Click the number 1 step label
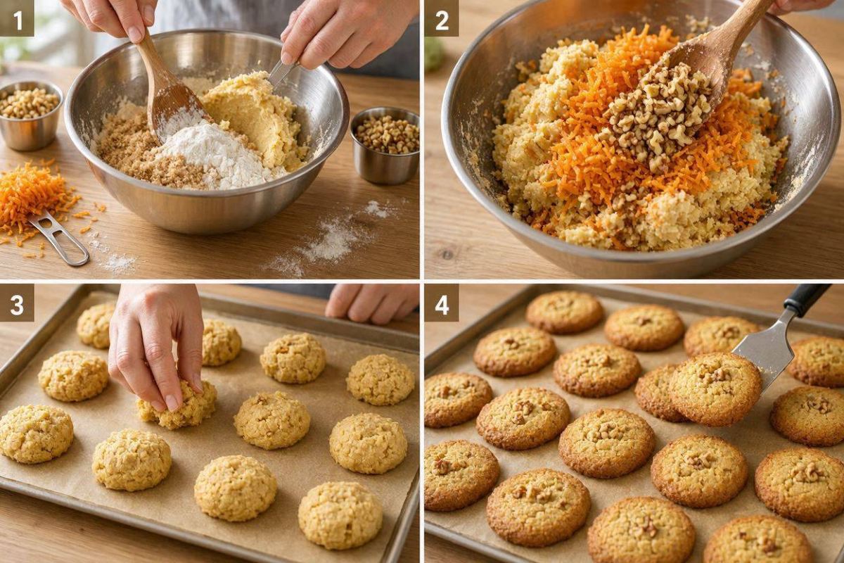coord(17,18)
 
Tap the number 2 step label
coord(442,18)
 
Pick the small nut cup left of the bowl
coord(30,115)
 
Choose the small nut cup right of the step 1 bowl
coord(385,145)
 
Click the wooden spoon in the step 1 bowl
coord(166,91)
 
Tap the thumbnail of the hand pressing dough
coord(172,403)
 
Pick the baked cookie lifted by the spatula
coord(714,388)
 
